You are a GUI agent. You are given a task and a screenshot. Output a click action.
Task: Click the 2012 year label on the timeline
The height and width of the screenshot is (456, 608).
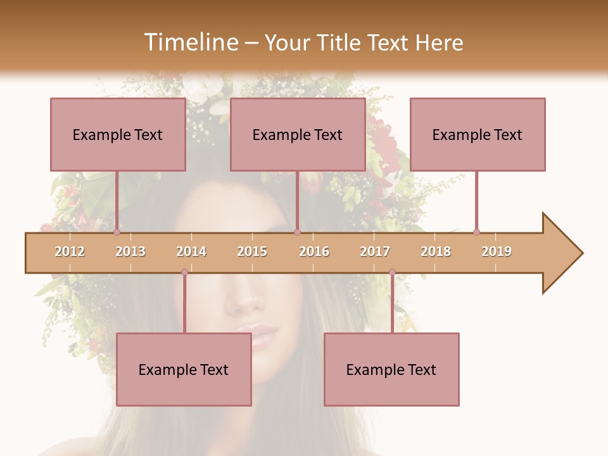click(70, 251)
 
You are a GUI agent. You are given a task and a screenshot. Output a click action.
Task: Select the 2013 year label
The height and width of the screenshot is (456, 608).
click(130, 251)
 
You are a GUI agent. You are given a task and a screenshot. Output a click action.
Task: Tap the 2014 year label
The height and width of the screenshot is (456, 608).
click(191, 251)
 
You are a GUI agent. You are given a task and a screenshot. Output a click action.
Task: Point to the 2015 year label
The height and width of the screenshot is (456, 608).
click(252, 251)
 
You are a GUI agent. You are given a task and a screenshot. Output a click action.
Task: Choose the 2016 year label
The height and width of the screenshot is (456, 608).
click(314, 251)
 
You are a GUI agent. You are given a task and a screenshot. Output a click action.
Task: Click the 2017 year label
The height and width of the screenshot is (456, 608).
click(375, 251)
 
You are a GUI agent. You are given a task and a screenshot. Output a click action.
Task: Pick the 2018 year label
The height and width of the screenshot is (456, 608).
click(436, 251)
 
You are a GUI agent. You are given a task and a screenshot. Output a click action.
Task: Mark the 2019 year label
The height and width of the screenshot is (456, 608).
click(497, 251)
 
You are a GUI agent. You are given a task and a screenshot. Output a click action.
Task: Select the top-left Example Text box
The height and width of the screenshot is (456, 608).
click(118, 134)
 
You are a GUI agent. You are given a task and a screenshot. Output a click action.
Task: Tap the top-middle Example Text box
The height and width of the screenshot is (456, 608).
click(298, 134)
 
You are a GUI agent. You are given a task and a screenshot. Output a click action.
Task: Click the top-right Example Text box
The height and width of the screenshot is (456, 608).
click(478, 134)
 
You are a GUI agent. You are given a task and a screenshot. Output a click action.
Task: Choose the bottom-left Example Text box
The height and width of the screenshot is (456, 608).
click(184, 369)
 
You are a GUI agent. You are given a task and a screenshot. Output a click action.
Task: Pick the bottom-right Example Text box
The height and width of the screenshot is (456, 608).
click(391, 369)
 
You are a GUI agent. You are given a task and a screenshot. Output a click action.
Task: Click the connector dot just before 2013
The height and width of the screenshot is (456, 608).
click(117, 232)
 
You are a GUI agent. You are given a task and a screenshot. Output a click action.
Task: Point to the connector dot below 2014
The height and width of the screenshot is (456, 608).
click(184, 272)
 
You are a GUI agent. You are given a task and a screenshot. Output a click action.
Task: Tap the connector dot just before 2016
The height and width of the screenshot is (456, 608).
click(297, 232)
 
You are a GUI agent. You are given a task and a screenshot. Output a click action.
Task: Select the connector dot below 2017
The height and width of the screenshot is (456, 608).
click(392, 272)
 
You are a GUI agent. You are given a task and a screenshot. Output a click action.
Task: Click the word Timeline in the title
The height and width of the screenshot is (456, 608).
click(189, 42)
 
